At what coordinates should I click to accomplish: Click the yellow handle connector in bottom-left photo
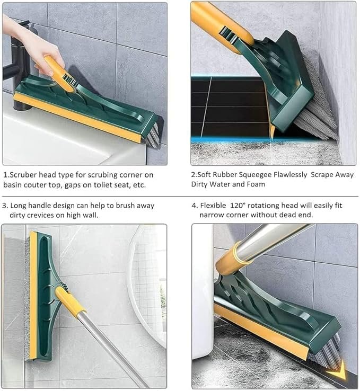(x=70, y=300)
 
